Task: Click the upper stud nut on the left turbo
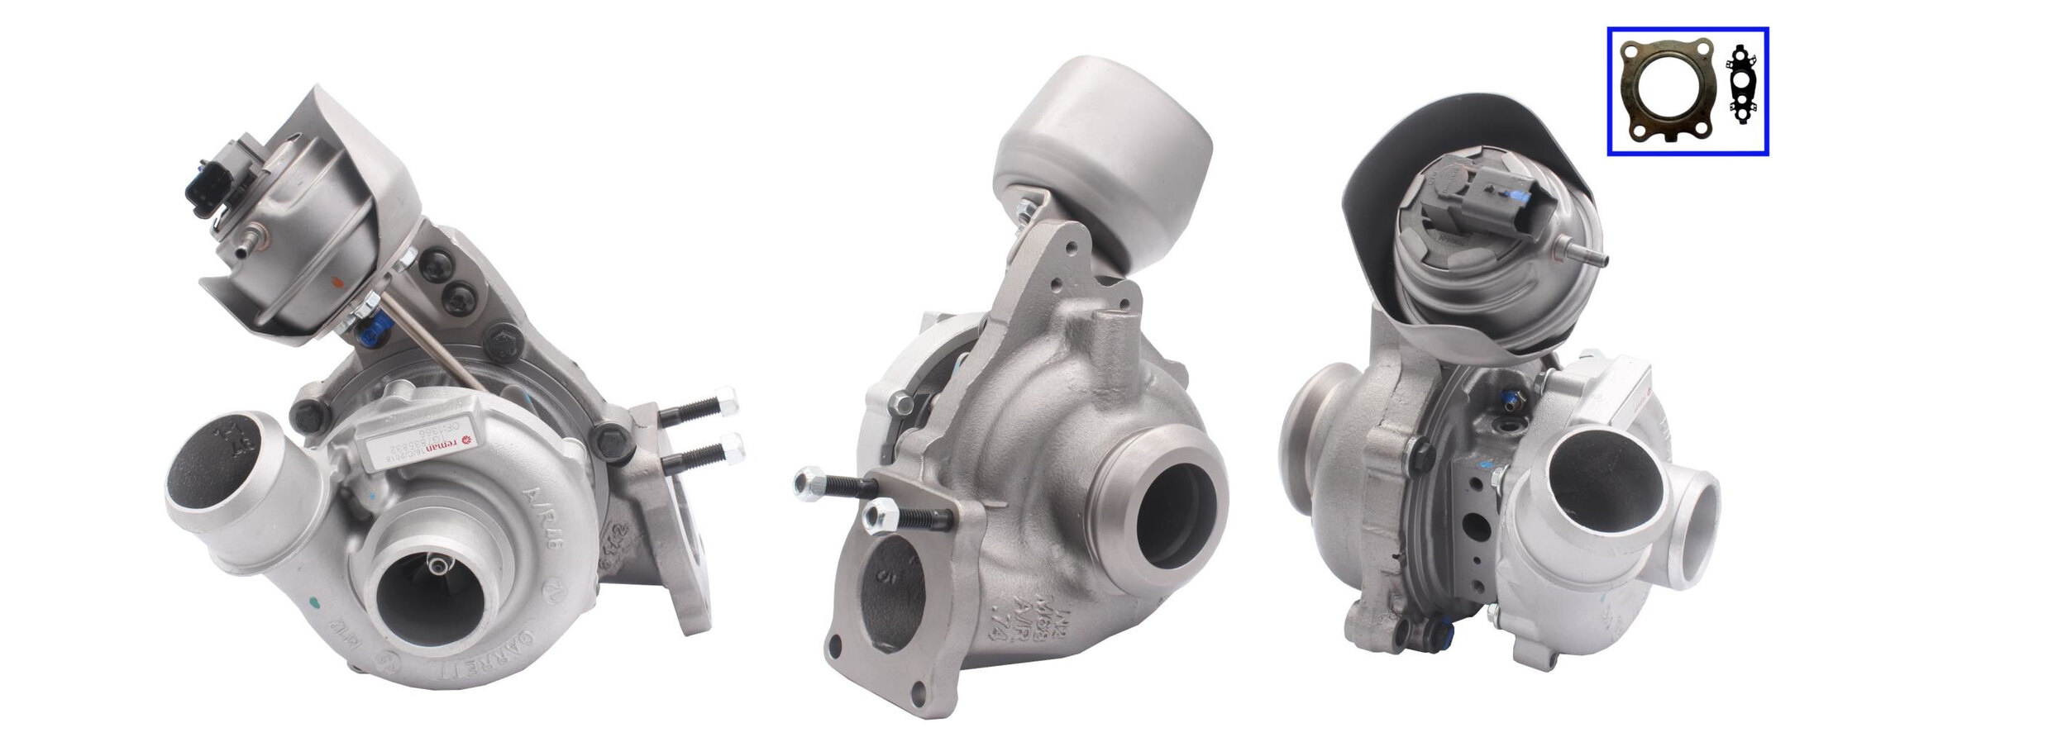click(x=725, y=400)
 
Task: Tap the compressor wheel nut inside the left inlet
click(x=437, y=564)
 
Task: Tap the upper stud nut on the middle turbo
click(x=808, y=482)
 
